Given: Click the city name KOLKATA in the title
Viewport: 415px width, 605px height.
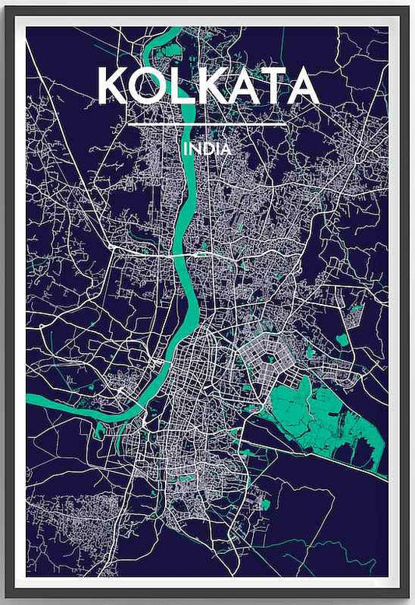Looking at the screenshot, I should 207,86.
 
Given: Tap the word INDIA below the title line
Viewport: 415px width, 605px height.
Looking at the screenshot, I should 207,148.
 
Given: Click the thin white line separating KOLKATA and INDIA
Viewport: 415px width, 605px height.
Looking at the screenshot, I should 207,124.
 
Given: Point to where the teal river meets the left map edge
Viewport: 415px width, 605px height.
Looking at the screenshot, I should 29,400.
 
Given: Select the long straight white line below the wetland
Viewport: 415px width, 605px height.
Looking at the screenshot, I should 327,458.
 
